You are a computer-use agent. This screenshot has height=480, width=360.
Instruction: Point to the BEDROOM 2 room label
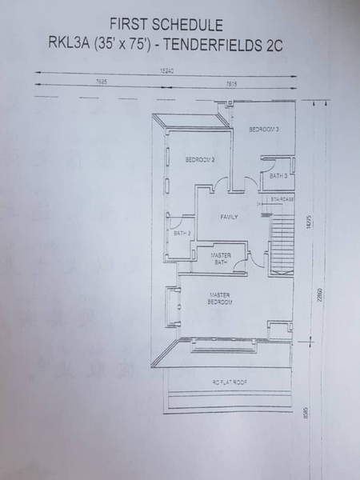coord(199,159)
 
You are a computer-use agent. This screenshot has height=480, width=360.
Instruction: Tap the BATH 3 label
coord(278,175)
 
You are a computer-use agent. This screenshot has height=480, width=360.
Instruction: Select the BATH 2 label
coord(182,233)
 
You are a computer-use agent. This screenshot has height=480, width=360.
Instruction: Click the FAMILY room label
coord(230,217)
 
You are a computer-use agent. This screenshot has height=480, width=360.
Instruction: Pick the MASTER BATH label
coord(221,258)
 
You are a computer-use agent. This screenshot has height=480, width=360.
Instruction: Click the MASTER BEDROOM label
coord(220,298)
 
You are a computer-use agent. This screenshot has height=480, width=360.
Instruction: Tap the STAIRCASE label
coord(282,198)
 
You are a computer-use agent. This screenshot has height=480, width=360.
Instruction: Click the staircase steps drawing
coord(284,240)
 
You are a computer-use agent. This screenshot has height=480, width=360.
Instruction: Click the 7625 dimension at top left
coord(102,82)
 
